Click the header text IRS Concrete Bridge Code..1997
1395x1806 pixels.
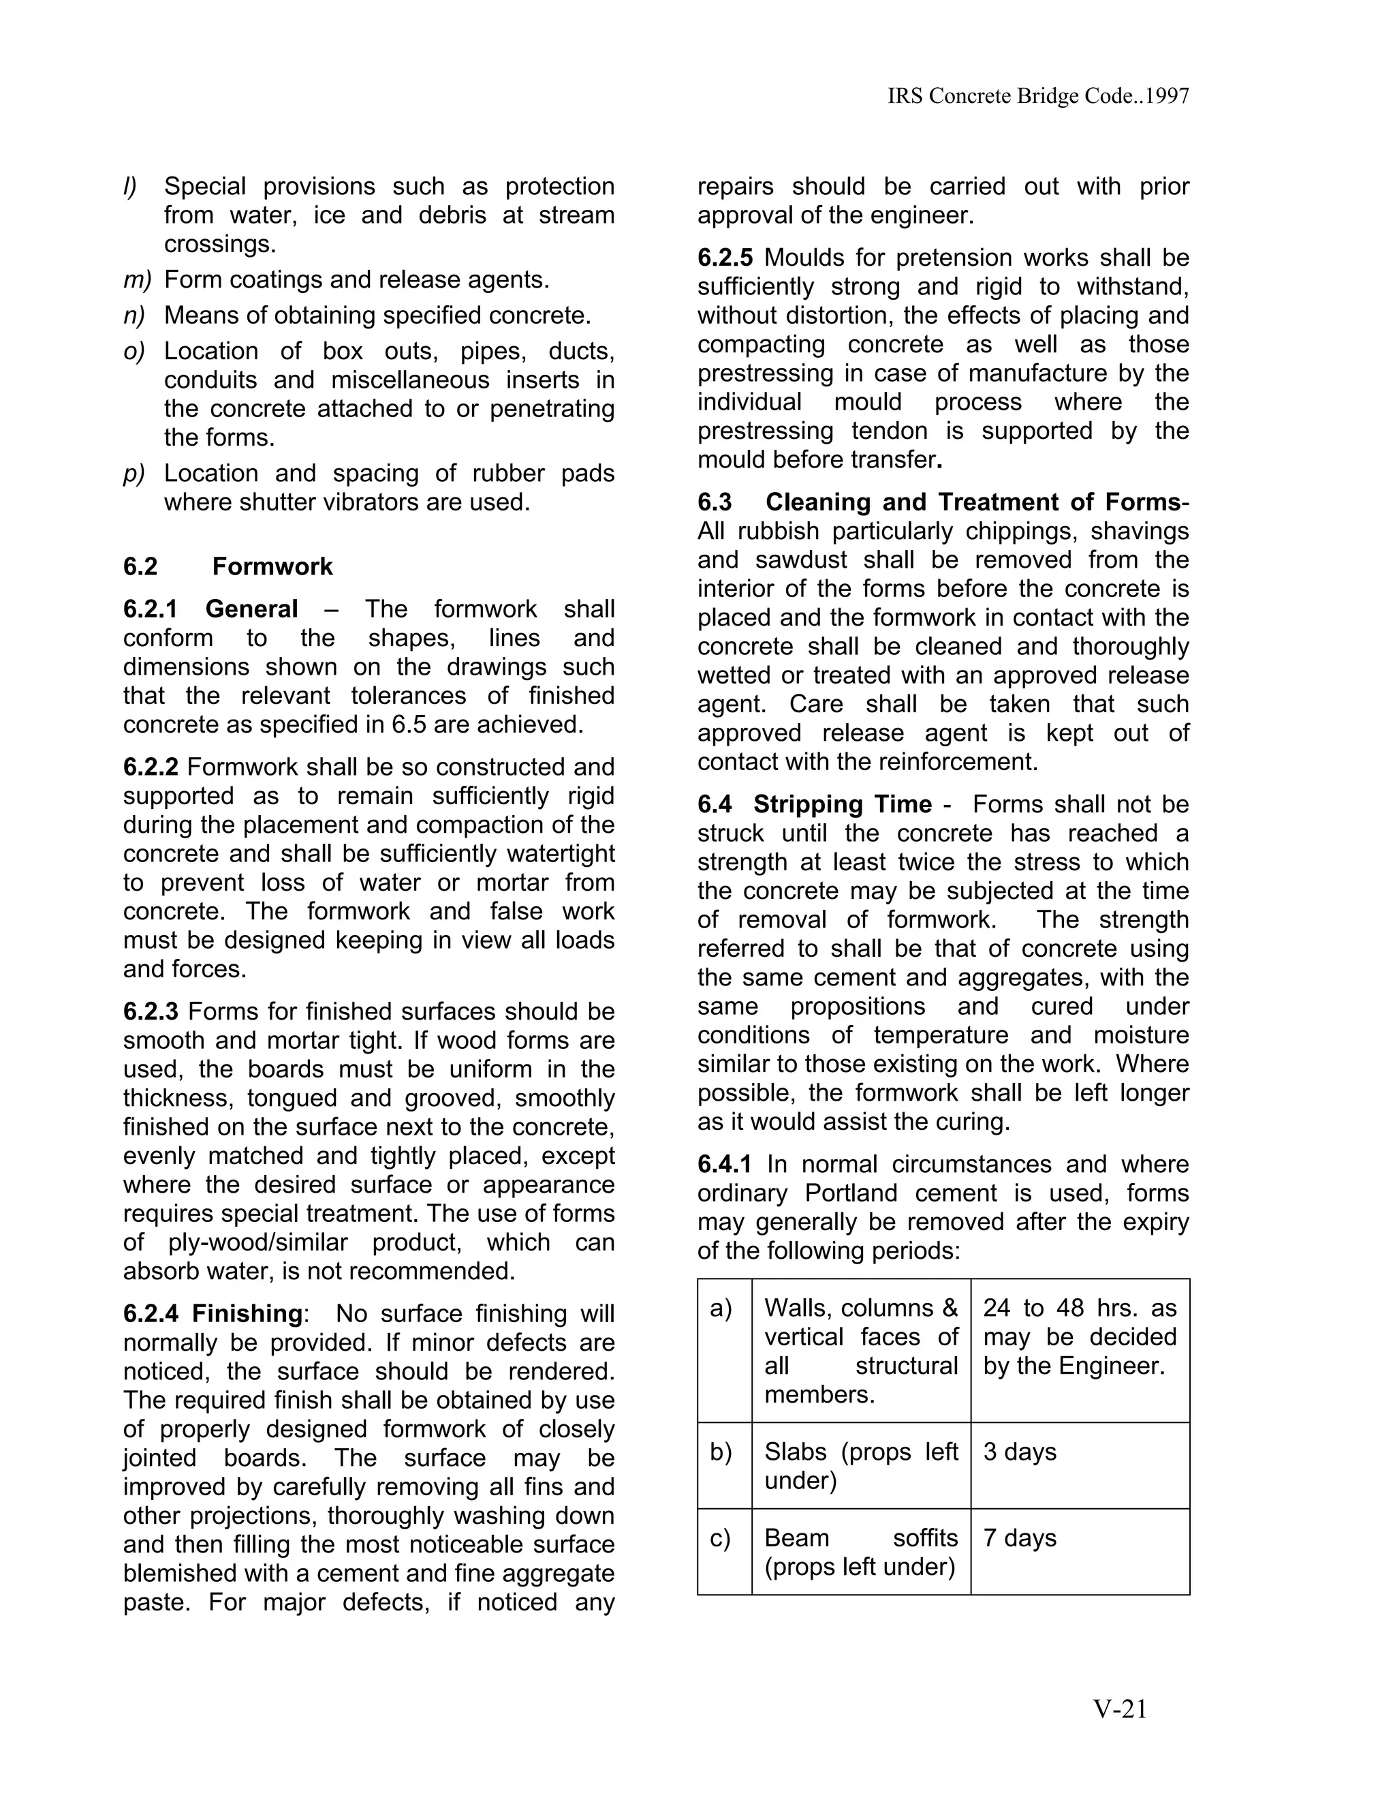point(1038,96)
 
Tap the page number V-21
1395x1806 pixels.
point(1120,1709)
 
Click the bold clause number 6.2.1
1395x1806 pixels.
point(151,609)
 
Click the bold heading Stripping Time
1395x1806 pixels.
point(842,805)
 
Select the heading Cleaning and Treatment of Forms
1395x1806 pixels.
point(973,502)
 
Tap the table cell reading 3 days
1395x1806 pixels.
point(1020,1452)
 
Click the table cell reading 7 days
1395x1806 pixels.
point(1020,1538)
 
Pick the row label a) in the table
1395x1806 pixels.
point(721,1308)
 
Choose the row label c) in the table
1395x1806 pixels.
point(721,1538)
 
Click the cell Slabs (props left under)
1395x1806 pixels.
point(860,1466)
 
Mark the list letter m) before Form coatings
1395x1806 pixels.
point(137,280)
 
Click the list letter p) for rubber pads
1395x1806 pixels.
point(134,474)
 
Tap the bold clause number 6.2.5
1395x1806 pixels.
point(725,258)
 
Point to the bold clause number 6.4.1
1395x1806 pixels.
point(725,1164)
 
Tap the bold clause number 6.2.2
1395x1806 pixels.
point(151,767)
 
